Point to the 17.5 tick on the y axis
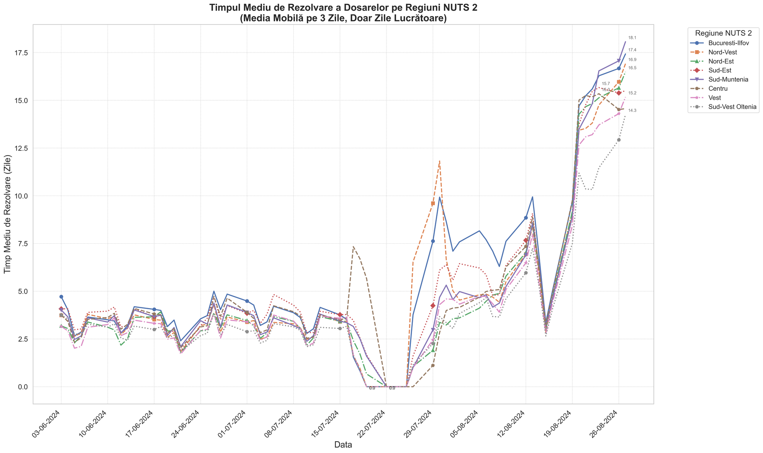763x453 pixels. pos(21,53)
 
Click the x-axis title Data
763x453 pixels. pos(343,445)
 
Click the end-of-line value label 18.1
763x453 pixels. pos(632,38)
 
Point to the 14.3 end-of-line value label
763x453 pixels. pos(632,111)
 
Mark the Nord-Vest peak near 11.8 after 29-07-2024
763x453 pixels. pos(439,161)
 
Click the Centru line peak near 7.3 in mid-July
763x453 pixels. pos(353,247)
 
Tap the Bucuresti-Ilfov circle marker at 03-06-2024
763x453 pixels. pos(61,297)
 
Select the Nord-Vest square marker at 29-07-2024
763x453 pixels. pos(433,203)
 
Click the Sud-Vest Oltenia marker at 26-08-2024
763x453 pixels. pos(619,140)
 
